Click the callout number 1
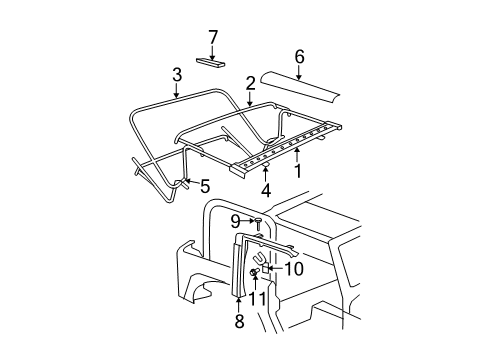pos(297,171)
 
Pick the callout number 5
pos(205,185)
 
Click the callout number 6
pos(299,57)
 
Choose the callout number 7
pos(212,37)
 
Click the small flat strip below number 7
pos(211,62)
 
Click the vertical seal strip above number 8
pos(238,275)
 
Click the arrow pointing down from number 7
pos(212,49)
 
